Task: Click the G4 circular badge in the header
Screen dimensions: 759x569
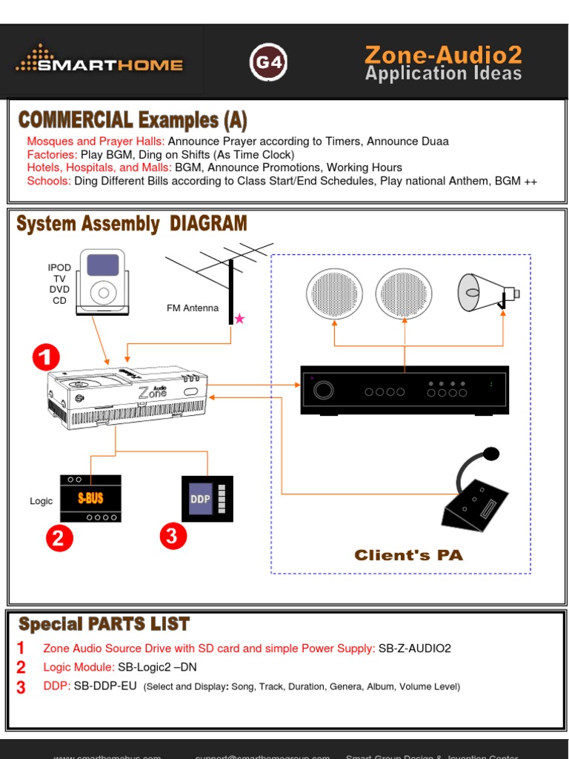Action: pos(268,63)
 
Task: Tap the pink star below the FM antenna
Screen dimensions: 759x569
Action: pos(239,319)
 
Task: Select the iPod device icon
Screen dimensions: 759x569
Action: pos(103,282)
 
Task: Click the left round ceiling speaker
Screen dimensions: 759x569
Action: pos(334,294)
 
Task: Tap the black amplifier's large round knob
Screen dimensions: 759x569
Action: pos(323,391)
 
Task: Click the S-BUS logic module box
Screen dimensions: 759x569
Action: pos(90,498)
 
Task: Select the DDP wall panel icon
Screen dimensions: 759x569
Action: pos(207,499)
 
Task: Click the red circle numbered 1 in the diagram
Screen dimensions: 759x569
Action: pos(46,359)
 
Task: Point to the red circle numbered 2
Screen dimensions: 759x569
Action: pos(59,538)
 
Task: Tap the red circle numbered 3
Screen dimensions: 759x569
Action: pos(173,536)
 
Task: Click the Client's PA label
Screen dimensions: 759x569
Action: pos(408,555)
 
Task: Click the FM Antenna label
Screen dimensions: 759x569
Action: pos(193,308)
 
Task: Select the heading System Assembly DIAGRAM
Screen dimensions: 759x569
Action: pos(132,224)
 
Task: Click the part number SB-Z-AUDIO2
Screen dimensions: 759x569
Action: pos(415,648)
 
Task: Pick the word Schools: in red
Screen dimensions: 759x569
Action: pos(49,181)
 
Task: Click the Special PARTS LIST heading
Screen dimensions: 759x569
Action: pos(104,624)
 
